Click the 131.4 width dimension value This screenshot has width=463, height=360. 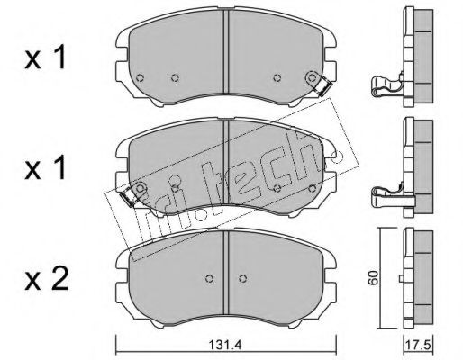(x=225, y=345)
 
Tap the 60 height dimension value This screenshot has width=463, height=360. (x=374, y=277)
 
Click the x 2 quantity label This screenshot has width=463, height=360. (x=47, y=279)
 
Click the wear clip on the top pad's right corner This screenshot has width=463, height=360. (x=323, y=86)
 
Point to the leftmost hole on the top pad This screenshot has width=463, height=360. (x=140, y=78)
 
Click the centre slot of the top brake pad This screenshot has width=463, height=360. (x=226, y=51)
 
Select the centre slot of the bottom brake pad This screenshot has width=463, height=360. (x=226, y=272)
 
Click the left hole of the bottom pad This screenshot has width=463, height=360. (x=209, y=278)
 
